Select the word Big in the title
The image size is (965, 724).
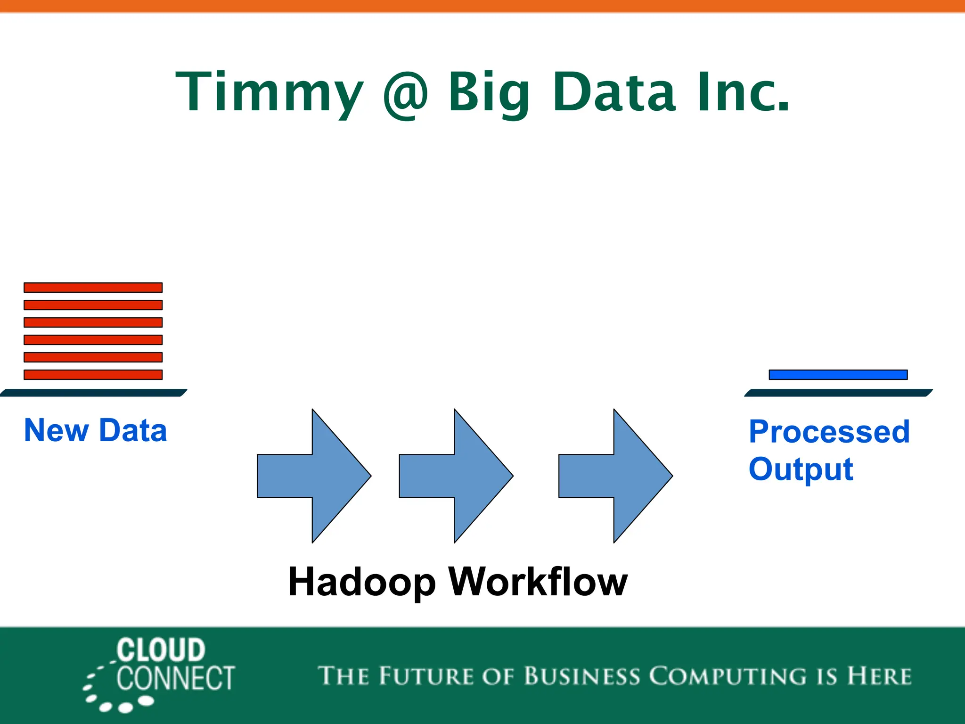coord(489,92)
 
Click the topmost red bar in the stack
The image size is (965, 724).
coord(93,288)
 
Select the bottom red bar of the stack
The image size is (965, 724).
coord(93,375)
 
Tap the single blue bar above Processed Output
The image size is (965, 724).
coord(838,375)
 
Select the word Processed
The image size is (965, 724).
coord(829,432)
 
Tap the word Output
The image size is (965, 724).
coord(801,469)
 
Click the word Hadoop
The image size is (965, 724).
coord(362,583)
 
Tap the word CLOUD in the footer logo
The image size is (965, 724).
coord(161,650)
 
